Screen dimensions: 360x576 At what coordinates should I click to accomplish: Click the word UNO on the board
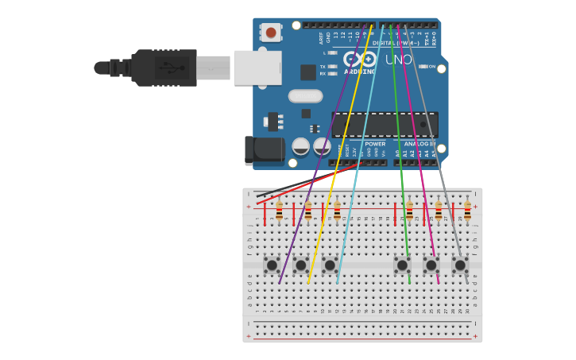399,60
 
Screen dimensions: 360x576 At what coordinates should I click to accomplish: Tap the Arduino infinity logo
360,59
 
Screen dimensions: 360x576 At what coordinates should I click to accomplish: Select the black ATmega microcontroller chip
384,124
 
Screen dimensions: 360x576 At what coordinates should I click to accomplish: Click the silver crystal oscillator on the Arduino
305,96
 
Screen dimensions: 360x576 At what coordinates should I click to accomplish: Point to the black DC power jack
265,150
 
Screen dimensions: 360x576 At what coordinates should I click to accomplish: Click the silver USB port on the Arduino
257,68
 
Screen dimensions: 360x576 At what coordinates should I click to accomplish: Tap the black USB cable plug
164,68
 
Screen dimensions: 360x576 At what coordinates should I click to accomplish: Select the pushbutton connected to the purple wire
272,265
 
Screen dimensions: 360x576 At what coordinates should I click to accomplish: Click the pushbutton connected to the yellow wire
301,265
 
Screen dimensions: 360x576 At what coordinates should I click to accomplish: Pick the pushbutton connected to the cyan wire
330,265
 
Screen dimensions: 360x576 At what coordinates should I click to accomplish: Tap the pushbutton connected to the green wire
402,265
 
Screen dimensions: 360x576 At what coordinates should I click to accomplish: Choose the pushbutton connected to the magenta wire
431,265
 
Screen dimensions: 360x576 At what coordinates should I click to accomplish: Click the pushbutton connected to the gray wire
460,265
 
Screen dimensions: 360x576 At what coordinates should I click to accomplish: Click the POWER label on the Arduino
375,144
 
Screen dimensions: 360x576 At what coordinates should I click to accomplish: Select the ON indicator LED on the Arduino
423,67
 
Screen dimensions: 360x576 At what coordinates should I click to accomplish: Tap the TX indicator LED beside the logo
333,67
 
